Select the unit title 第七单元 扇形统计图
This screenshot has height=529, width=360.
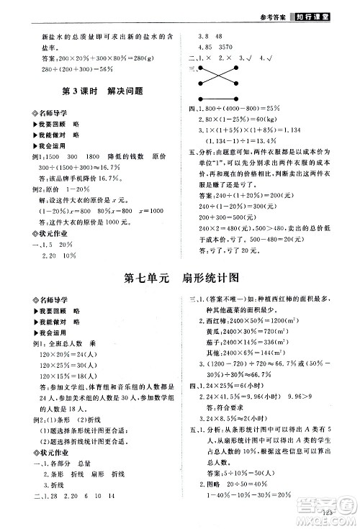point(181,278)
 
